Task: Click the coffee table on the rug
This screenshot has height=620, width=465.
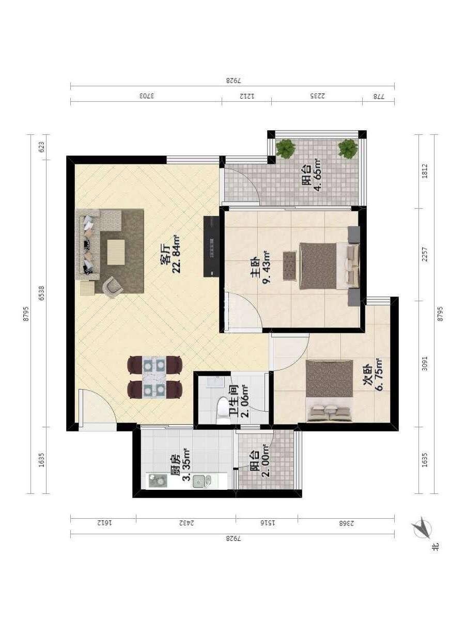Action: point(116,252)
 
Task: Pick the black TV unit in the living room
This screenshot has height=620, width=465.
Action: point(211,246)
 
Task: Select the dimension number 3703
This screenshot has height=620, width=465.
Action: point(147,96)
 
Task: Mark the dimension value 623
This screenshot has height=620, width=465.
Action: point(41,147)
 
